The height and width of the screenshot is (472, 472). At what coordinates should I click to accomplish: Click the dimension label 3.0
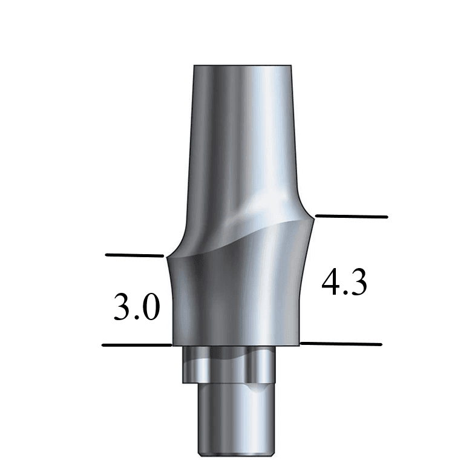[137, 307]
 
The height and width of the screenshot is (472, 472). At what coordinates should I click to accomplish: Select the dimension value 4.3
[344, 283]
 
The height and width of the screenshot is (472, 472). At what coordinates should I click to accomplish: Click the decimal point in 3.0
[137, 318]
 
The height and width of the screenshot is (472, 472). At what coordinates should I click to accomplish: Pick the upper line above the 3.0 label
[134, 255]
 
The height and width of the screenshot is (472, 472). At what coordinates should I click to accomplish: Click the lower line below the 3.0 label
[137, 345]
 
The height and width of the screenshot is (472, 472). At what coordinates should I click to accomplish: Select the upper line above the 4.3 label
[351, 215]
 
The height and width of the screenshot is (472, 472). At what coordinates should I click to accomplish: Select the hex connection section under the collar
[230, 365]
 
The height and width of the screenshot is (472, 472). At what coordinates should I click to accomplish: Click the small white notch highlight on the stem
[257, 387]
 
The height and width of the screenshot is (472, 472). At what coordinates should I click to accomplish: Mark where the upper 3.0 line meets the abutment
[165, 256]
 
